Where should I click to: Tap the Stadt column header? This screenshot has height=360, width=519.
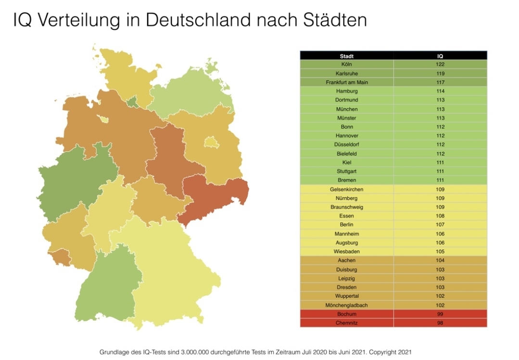point(346,56)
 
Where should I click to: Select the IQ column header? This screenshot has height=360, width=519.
point(440,56)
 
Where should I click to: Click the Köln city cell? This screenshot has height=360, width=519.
point(346,64)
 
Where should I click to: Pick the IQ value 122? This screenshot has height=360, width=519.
point(440,64)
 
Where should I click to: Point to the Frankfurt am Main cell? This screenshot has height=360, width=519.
point(346,82)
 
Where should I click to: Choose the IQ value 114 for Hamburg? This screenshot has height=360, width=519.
point(440,91)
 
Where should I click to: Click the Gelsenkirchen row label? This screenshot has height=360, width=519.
point(346,189)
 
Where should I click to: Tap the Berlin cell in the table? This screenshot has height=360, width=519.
point(346,225)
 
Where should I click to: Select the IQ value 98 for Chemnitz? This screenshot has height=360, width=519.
point(440,323)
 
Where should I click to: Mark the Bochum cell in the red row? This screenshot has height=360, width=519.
point(346,314)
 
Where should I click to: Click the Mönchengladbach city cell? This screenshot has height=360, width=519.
point(346,305)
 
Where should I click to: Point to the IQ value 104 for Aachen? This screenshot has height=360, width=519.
point(440,261)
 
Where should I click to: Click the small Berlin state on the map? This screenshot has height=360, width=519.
point(211,142)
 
